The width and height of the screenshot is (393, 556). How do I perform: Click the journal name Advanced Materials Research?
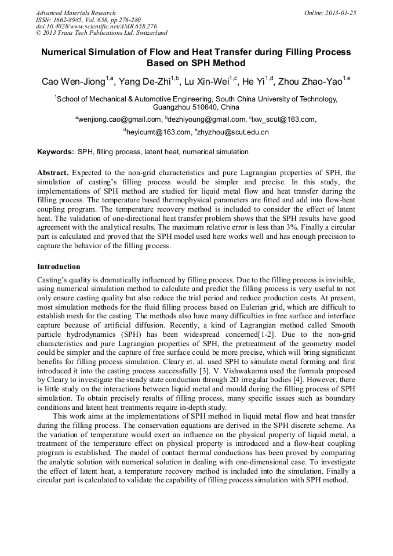point(75,13)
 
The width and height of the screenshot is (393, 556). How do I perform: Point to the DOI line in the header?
point(96,26)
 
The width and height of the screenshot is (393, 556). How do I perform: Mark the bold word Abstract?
point(53,173)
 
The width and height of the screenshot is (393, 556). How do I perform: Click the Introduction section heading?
point(59,267)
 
